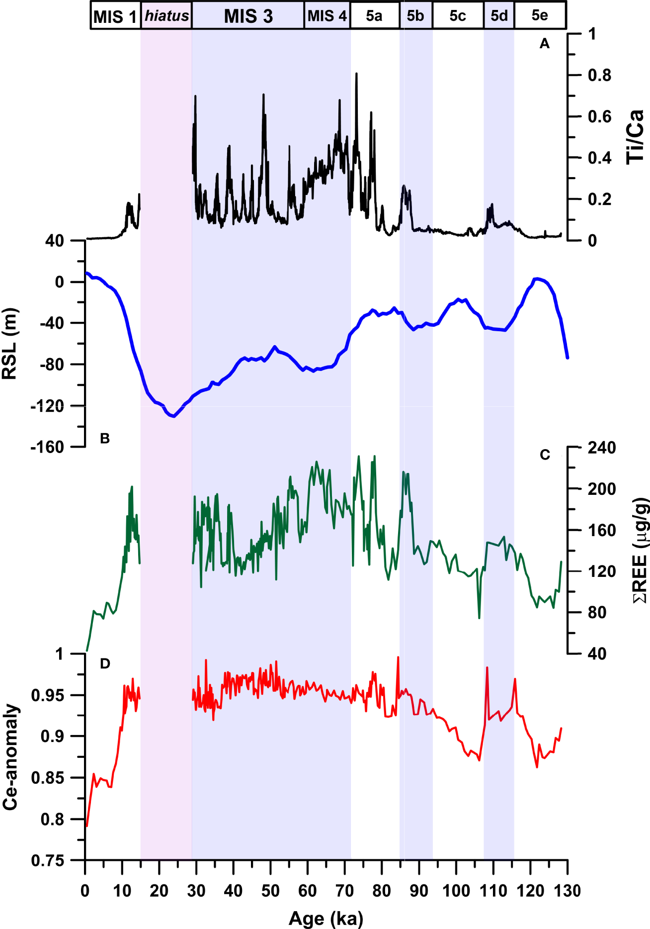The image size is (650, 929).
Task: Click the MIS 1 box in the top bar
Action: (x=115, y=16)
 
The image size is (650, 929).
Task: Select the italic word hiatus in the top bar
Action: (x=166, y=16)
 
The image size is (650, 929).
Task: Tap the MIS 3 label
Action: (x=248, y=16)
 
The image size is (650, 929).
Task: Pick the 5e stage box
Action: (x=540, y=15)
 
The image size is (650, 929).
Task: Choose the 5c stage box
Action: (x=458, y=16)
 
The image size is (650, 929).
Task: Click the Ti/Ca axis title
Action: (x=636, y=137)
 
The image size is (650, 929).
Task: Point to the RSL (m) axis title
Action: (x=10, y=343)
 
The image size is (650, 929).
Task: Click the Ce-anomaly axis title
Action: (x=11, y=756)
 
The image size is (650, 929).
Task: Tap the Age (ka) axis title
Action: (x=326, y=918)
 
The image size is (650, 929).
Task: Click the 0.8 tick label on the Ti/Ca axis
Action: (x=599, y=76)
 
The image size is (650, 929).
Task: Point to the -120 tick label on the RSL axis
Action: (x=47, y=406)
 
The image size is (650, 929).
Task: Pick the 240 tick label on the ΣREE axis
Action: (x=602, y=448)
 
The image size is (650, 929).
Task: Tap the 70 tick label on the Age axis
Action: (x=344, y=891)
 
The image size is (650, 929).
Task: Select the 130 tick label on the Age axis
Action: (x=568, y=891)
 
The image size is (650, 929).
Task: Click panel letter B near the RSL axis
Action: (x=105, y=438)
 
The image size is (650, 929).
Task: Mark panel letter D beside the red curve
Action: (x=105, y=663)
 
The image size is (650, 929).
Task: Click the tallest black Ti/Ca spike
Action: (x=356, y=74)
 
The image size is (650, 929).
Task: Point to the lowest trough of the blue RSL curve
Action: (x=173, y=416)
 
